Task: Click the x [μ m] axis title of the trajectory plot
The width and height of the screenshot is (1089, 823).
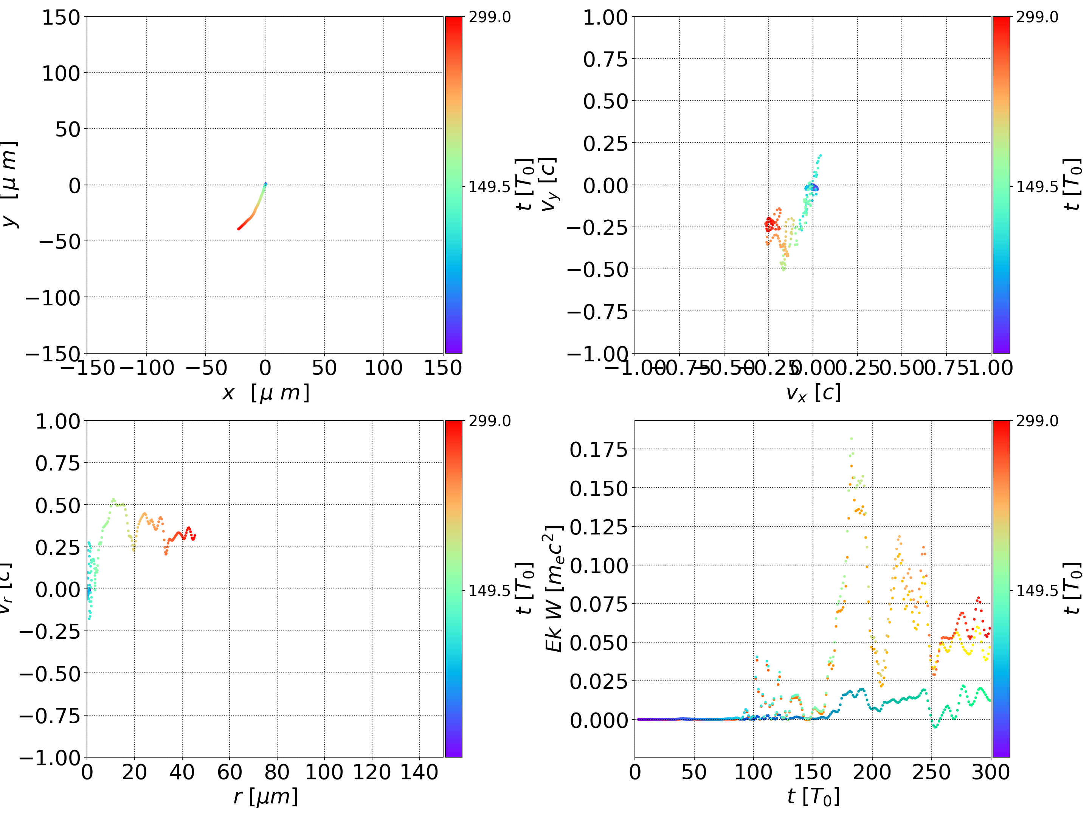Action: pos(265,393)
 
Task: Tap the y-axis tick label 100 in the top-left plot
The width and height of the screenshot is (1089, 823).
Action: pos(60,73)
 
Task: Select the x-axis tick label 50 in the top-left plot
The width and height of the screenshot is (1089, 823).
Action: pos(324,368)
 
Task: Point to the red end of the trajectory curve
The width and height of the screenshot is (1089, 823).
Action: pos(239,228)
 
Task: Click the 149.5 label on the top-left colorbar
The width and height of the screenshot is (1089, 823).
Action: pos(489,187)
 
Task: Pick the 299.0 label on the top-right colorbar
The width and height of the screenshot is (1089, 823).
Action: pos(1037,17)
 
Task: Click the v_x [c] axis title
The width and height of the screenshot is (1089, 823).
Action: pos(813,393)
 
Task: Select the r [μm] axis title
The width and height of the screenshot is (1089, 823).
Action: pos(265,797)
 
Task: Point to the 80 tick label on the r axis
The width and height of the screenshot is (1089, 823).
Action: pos(277,772)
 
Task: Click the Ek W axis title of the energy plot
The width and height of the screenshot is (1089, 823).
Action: pos(554,589)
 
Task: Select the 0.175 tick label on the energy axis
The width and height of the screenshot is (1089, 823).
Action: pos(599,449)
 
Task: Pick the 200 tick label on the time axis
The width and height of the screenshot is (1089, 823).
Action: pos(872,772)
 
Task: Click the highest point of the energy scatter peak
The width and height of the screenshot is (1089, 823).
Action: pos(851,438)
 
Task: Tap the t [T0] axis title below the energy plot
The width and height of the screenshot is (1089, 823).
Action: pos(813,797)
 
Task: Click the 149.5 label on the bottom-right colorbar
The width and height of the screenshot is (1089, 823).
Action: pos(1037,590)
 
